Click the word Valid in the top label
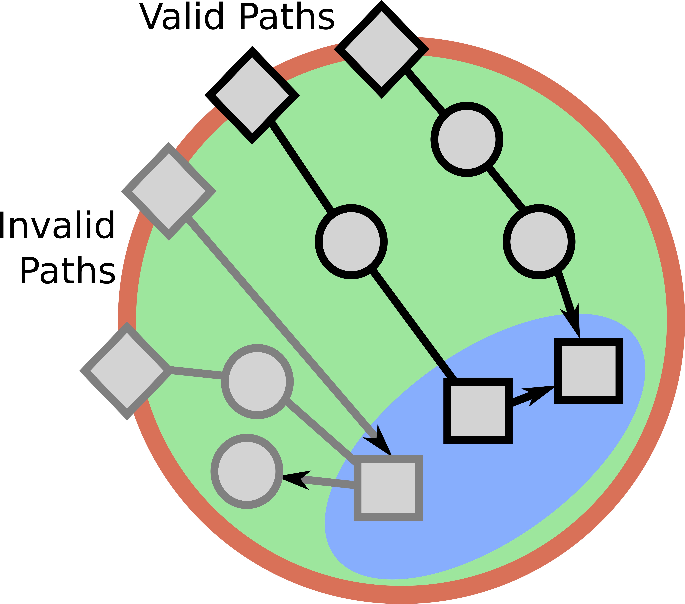pyautogui.click(x=181, y=17)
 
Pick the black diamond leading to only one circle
pyautogui.click(x=252, y=95)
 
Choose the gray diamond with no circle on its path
pyautogui.click(x=169, y=191)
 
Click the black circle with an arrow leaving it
pyautogui.click(x=539, y=242)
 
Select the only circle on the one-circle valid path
pyautogui.click(x=351, y=242)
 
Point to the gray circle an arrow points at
pyautogui.click(x=247, y=471)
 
